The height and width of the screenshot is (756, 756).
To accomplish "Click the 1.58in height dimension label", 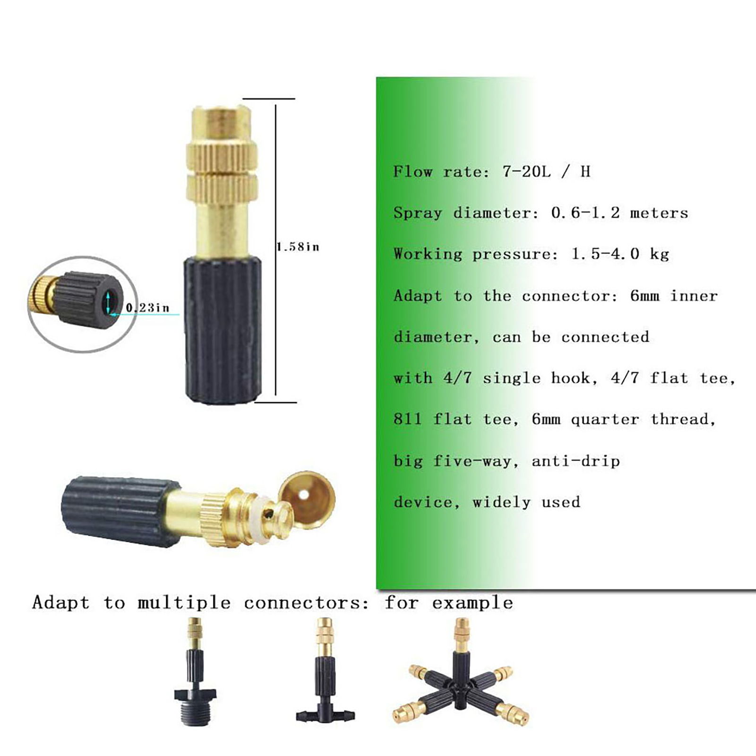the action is point(298,247).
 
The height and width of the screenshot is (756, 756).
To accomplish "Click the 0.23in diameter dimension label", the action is point(147,308).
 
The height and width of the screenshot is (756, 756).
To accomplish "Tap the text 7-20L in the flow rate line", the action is point(526,171).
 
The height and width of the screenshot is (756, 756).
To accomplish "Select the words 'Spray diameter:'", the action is point(466,213).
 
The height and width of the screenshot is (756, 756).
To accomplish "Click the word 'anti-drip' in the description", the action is point(576,460).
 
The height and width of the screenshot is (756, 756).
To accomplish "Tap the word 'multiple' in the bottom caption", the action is point(184,603).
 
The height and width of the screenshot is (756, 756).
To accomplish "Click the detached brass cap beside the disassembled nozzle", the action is point(307,499).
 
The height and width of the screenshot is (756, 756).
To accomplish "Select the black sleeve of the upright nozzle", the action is point(223,330).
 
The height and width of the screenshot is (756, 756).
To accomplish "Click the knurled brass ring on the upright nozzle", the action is point(222,170).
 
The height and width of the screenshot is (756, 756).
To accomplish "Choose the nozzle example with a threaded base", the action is point(195,673).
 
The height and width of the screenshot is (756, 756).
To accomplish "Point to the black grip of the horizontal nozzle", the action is point(120,511).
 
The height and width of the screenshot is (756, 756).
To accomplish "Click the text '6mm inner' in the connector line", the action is point(674,296).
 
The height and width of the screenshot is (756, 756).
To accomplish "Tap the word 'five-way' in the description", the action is point(472,461).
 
